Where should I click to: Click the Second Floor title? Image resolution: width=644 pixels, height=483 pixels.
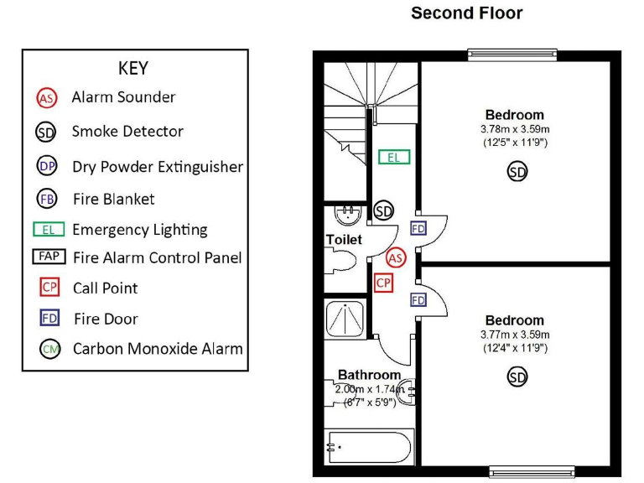pos(466,13)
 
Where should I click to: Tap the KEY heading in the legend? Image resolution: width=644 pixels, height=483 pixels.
pos(134,68)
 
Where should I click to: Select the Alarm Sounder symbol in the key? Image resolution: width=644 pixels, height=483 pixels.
pos(47,98)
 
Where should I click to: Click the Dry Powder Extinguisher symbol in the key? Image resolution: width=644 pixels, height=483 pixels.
pos(47,166)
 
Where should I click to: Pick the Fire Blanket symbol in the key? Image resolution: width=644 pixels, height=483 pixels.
pos(47,200)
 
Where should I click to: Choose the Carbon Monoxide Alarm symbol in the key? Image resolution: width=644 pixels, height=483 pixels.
pos(49,349)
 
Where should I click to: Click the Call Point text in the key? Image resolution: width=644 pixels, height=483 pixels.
pos(106,288)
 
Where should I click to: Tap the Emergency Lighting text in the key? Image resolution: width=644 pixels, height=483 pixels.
pos(140,230)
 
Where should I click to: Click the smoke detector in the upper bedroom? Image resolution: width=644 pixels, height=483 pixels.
pos(517,173)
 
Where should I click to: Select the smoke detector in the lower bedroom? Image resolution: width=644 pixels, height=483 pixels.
pos(517,378)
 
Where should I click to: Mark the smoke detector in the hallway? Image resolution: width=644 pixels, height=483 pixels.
pos(384,210)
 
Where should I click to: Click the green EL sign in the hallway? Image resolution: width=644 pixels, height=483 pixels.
pos(393,157)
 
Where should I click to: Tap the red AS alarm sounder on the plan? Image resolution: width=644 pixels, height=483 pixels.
pos(396,257)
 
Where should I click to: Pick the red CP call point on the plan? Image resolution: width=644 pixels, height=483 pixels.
pos(383,283)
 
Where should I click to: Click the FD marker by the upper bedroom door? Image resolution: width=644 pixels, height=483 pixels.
pos(418,228)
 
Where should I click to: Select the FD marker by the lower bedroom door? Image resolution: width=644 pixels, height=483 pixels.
pos(418,300)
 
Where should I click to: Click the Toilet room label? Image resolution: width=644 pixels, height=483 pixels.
pos(344,240)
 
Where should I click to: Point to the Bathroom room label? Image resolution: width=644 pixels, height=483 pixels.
pos(369,375)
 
